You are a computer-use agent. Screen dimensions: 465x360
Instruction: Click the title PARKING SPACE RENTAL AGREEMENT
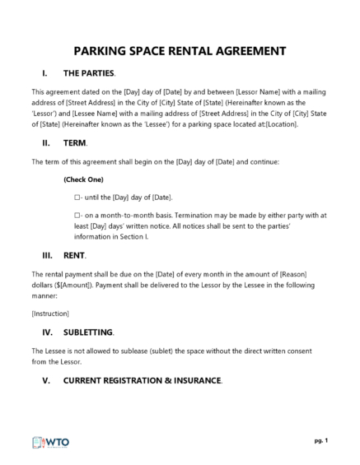(x=180, y=51)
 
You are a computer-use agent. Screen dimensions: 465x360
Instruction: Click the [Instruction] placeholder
(x=49, y=314)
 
